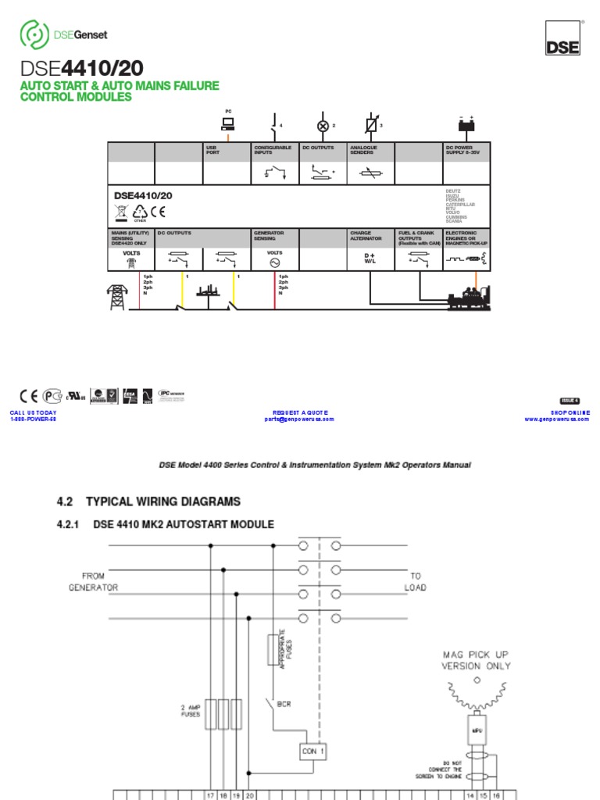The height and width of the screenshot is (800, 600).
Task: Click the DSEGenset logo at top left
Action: pyautogui.click(x=62, y=34)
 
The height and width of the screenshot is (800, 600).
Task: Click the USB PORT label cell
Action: pyautogui.click(x=213, y=150)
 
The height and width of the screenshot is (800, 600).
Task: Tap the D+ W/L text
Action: pyautogui.click(x=370, y=259)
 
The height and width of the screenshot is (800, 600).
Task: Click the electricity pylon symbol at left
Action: pyautogui.click(x=117, y=297)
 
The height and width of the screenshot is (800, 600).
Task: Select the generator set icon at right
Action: pyautogui.click(x=466, y=298)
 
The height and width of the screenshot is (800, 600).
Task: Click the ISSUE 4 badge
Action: pyautogui.click(x=570, y=401)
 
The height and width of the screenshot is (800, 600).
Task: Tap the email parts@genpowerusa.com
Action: pyautogui.click(x=299, y=419)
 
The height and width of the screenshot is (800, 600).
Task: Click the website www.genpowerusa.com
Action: pyautogui.click(x=556, y=419)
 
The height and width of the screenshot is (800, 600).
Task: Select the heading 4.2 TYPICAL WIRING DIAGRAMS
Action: pyautogui.click(x=152, y=501)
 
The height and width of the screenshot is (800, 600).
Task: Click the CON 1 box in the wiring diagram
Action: pyautogui.click(x=312, y=752)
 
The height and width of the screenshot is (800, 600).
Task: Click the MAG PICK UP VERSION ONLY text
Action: pyautogui.click(x=476, y=661)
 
